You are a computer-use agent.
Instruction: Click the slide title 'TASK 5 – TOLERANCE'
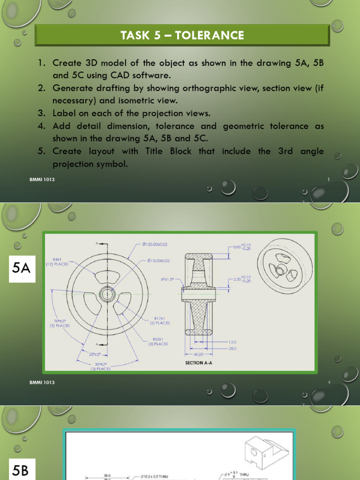182,36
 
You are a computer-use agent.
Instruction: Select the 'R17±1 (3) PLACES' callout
159,321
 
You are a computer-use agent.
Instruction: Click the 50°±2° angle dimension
101,366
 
